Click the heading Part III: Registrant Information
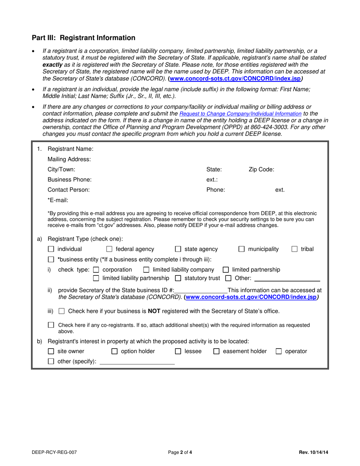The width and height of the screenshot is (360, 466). [x=83, y=38]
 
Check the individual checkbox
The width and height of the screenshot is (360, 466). [x=51, y=249]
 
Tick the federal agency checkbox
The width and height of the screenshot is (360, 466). [x=109, y=249]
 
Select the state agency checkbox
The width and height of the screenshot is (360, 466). [x=178, y=249]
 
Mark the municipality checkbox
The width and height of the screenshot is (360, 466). [x=241, y=249]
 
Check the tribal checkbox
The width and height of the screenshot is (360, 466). [x=294, y=249]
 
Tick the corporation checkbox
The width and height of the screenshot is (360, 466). [x=96, y=270]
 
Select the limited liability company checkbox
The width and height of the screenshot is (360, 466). [x=146, y=270]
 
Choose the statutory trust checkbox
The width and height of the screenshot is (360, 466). [x=178, y=279]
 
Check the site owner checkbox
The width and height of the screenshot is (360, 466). [x=51, y=352]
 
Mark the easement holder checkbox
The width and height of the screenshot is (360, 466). [x=216, y=352]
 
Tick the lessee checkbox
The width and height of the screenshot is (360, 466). [x=178, y=352]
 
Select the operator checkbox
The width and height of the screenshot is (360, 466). [x=279, y=352]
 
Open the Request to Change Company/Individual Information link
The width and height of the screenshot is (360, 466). [x=240, y=114]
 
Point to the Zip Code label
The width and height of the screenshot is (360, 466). [x=261, y=169]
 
